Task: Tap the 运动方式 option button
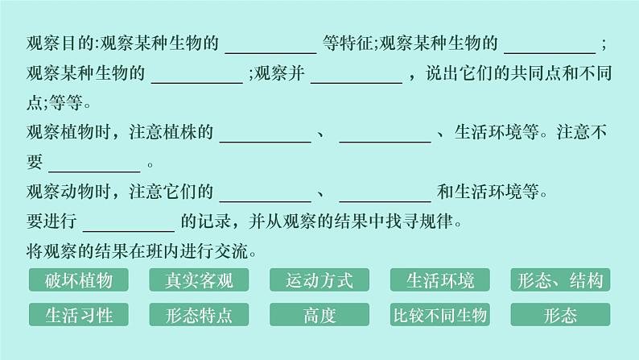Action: click(319, 280)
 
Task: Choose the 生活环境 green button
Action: click(440, 280)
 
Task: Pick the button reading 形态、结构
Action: click(561, 280)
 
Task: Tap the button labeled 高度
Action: click(319, 314)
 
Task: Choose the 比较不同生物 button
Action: click(440, 314)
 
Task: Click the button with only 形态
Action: click(561, 314)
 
